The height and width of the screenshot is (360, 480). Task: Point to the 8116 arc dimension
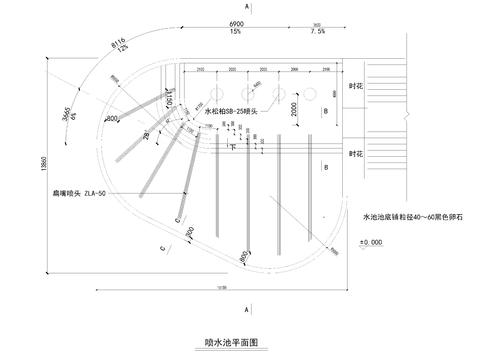[119, 43]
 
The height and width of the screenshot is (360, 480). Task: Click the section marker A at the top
[246, 7]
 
